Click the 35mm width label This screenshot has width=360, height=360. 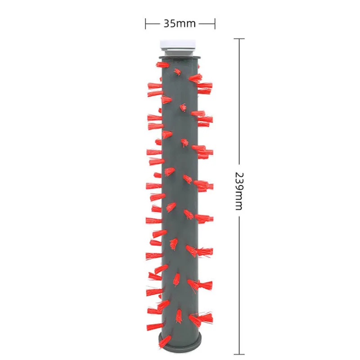(180, 23)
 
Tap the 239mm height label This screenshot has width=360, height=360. (239, 190)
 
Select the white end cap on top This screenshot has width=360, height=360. (180, 44)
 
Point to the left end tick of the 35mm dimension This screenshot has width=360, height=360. (145, 23)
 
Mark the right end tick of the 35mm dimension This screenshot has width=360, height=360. (215, 23)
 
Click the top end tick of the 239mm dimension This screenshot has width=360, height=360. (239, 39)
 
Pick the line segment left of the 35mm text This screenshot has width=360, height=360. (153, 23)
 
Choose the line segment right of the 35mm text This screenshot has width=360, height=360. (207, 23)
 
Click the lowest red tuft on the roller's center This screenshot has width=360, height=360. (178, 315)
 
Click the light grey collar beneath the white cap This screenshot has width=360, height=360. (180, 53)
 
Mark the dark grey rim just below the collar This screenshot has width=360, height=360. (180, 58)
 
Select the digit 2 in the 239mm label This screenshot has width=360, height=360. (239, 175)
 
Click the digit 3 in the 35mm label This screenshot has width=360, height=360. (166, 23)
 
